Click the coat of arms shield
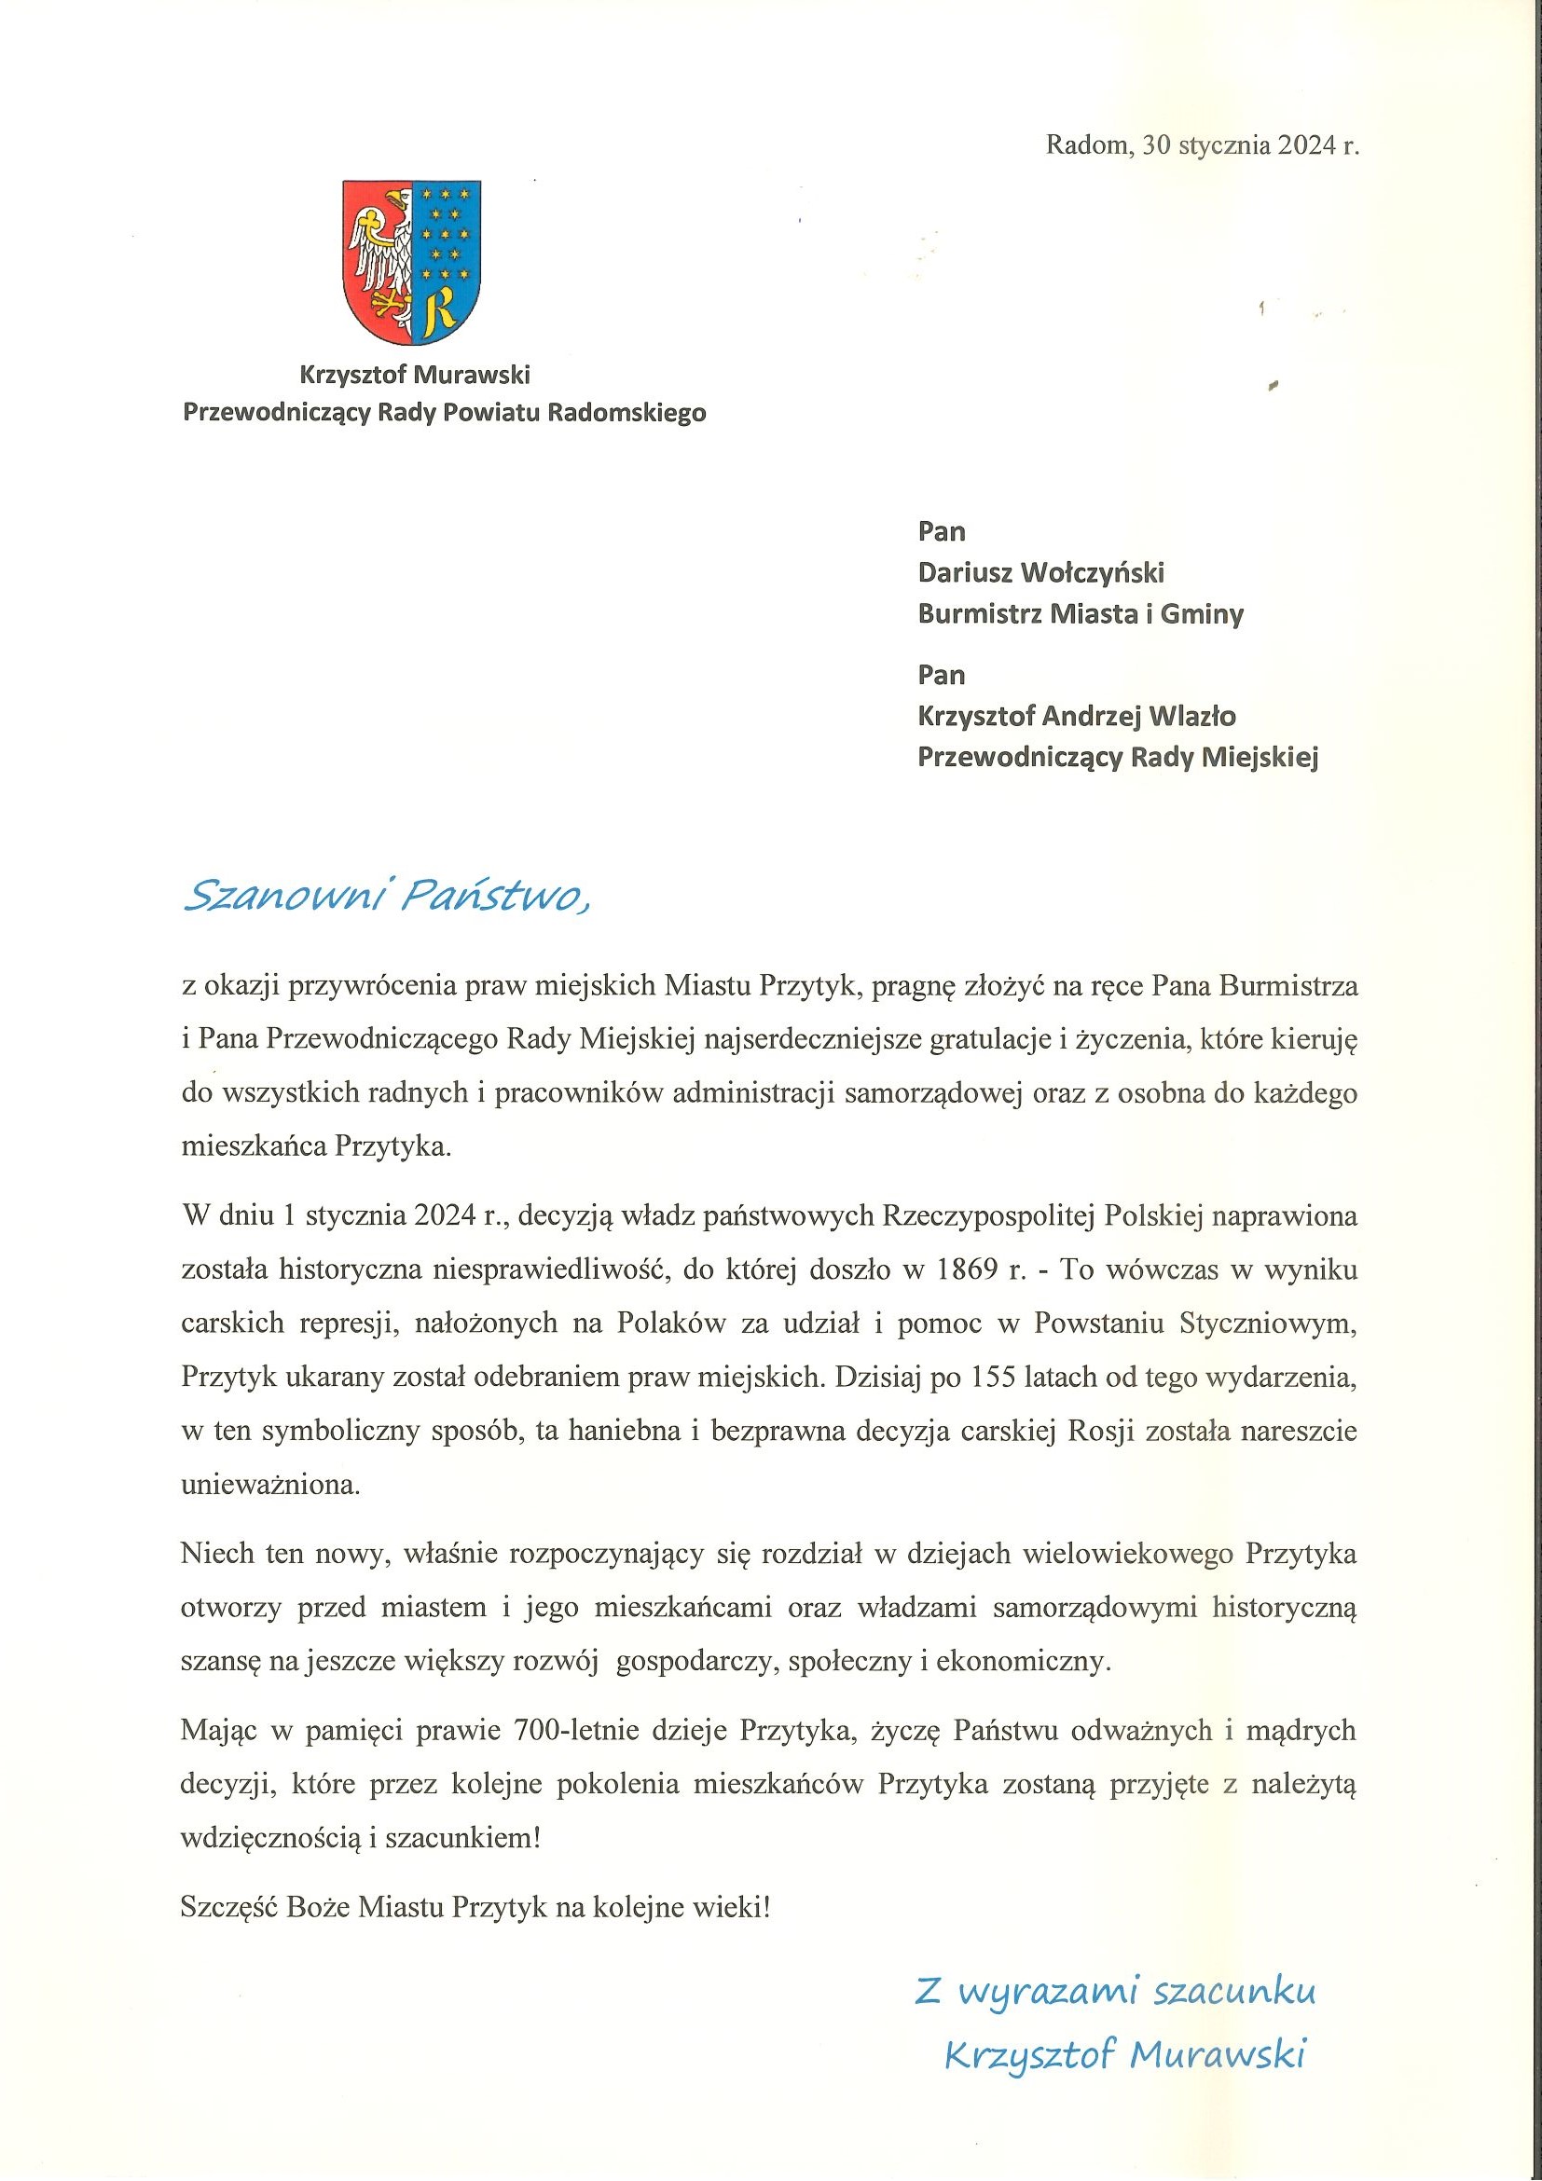[x=412, y=261]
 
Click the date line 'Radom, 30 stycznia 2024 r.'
[x=1202, y=145]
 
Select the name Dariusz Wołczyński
[x=1040, y=573]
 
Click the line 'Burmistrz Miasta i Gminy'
[x=1081, y=614]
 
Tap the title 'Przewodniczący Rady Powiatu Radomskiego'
[x=444, y=413]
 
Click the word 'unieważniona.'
[x=270, y=1485]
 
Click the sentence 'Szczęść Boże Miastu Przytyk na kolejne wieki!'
[x=475, y=1906]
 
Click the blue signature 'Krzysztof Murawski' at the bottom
[x=1125, y=2054]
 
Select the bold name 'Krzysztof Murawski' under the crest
[x=414, y=376]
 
